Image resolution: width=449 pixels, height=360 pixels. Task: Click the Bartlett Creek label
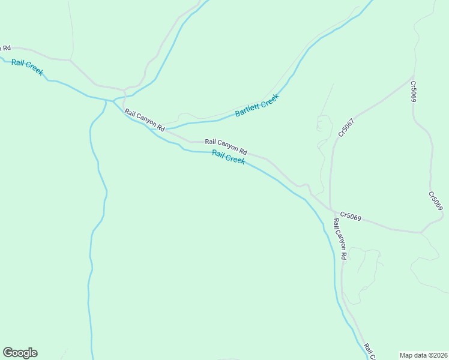257,105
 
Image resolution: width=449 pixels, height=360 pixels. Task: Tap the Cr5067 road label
346,128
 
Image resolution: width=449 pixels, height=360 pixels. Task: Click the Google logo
20,353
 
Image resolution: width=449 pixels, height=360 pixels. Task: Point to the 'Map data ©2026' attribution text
423,355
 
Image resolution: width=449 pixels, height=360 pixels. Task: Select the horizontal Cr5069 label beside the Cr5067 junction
351,216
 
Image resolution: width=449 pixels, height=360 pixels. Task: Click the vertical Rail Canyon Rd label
340,239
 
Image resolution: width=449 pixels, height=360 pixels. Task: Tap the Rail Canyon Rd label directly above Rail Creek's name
226,146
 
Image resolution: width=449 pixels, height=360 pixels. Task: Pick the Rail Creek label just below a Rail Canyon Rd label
228,158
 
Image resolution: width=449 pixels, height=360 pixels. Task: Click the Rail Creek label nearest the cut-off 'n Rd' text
27,67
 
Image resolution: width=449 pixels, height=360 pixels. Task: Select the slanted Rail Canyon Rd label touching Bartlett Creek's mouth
145,120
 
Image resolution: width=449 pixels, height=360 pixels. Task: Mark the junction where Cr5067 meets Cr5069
331,211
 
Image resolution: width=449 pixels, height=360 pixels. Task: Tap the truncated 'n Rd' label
5,48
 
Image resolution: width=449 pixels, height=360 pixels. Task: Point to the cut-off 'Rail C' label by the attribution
369,352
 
